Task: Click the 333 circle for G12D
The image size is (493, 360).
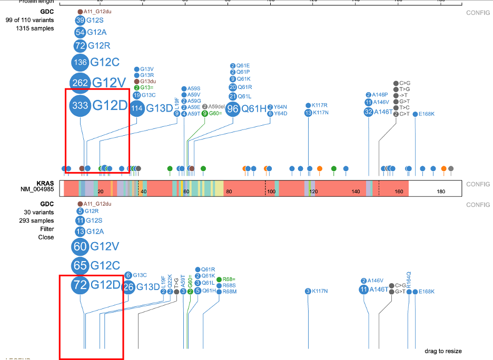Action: pos(80,105)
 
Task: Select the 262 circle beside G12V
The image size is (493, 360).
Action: pos(80,82)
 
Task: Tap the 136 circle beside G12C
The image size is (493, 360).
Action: pos(80,62)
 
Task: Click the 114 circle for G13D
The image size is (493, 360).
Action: pos(137,109)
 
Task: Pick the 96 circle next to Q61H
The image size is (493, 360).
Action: pos(233,109)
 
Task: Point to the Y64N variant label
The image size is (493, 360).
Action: pos(280,107)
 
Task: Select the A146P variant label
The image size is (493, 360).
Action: pos(380,95)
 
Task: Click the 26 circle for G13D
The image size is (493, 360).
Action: pos(129,287)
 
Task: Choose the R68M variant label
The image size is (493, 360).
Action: pos(230,291)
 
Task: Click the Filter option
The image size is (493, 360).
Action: pos(47,229)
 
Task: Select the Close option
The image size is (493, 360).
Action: pos(46,237)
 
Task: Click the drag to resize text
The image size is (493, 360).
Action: pos(443,351)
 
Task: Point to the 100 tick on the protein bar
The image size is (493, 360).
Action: pos(271,193)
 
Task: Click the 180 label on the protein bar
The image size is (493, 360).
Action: pos(441,193)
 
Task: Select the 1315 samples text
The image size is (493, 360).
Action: pos(35,28)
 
